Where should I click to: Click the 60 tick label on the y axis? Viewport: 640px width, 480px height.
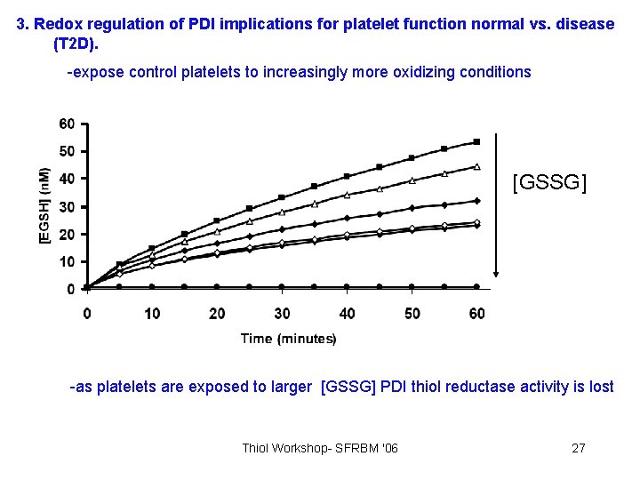[67, 124]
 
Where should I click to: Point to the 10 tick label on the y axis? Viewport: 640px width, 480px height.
[67, 262]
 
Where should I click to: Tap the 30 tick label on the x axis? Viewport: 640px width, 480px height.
[282, 313]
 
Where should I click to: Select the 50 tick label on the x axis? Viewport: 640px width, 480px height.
[412, 313]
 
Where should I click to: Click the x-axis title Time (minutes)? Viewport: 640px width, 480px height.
[288, 339]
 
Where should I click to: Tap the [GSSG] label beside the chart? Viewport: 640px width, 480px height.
[549, 184]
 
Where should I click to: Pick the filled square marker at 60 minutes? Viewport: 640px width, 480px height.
[477, 141]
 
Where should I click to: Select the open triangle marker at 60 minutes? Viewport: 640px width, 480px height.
[477, 166]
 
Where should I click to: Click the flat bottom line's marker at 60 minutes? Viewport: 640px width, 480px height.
[477, 287]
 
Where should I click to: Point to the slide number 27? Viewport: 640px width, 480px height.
[578, 447]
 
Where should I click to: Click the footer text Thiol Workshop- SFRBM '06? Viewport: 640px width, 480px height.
[320, 447]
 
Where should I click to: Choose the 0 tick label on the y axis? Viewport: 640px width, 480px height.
[70, 290]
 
